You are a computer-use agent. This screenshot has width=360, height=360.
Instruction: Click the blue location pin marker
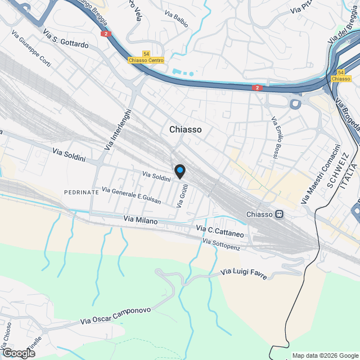[179, 171]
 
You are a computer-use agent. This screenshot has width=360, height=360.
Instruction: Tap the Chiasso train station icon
[279, 214]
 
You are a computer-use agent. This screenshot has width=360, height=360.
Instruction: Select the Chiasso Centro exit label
[146, 60]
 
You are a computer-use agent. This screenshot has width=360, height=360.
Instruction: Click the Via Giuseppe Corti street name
[31, 48]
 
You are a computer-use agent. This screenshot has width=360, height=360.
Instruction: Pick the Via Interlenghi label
[118, 129]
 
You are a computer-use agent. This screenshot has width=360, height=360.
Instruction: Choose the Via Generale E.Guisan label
[132, 196]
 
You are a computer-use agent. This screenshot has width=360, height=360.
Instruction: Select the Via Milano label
[141, 222]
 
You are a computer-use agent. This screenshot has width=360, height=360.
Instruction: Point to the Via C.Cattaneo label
[220, 231]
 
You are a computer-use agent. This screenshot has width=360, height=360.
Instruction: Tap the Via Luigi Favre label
[244, 273]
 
